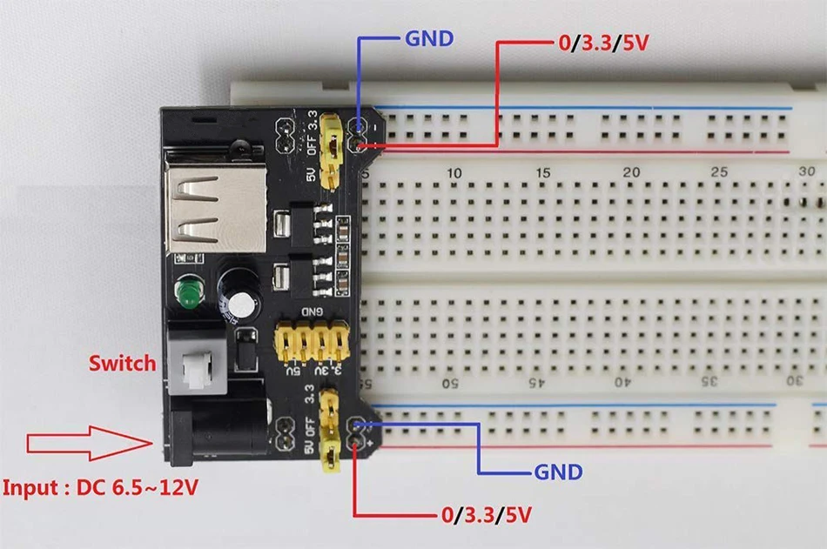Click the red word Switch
[122, 362]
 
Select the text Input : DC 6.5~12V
[100, 486]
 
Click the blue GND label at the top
[429, 38]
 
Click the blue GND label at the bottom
[558, 472]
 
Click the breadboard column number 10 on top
[454, 174]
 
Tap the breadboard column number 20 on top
[631, 173]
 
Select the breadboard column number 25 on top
[719, 173]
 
